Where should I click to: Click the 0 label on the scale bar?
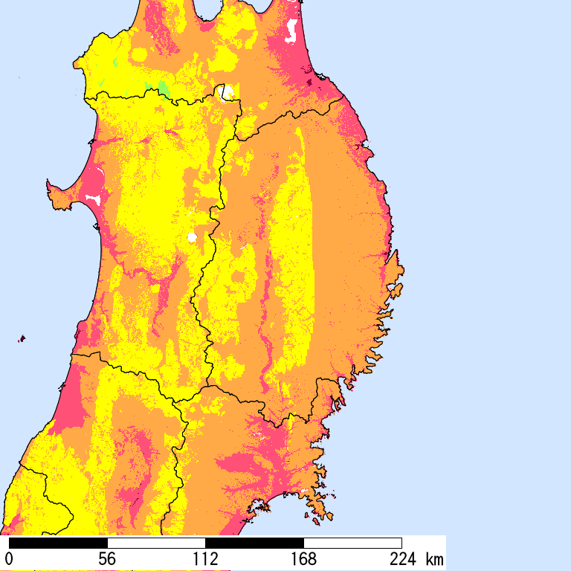coord(10,559)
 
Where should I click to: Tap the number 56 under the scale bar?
coord(108,559)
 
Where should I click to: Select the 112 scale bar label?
coord(205,559)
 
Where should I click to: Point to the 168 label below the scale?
coord(303,559)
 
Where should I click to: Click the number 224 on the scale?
coord(401,559)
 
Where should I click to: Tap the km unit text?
coord(433,559)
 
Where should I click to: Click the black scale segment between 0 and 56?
coord(59,543)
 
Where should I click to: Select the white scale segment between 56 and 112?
coord(156,543)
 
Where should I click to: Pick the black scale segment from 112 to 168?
coord(254,543)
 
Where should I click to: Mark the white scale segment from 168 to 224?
coord(352,543)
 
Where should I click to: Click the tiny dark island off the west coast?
coord(22,339)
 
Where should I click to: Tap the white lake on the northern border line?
coord(228,93)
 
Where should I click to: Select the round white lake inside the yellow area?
coord(192,238)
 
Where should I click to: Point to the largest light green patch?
coord(164,88)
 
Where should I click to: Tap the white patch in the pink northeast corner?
coord(292,31)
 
